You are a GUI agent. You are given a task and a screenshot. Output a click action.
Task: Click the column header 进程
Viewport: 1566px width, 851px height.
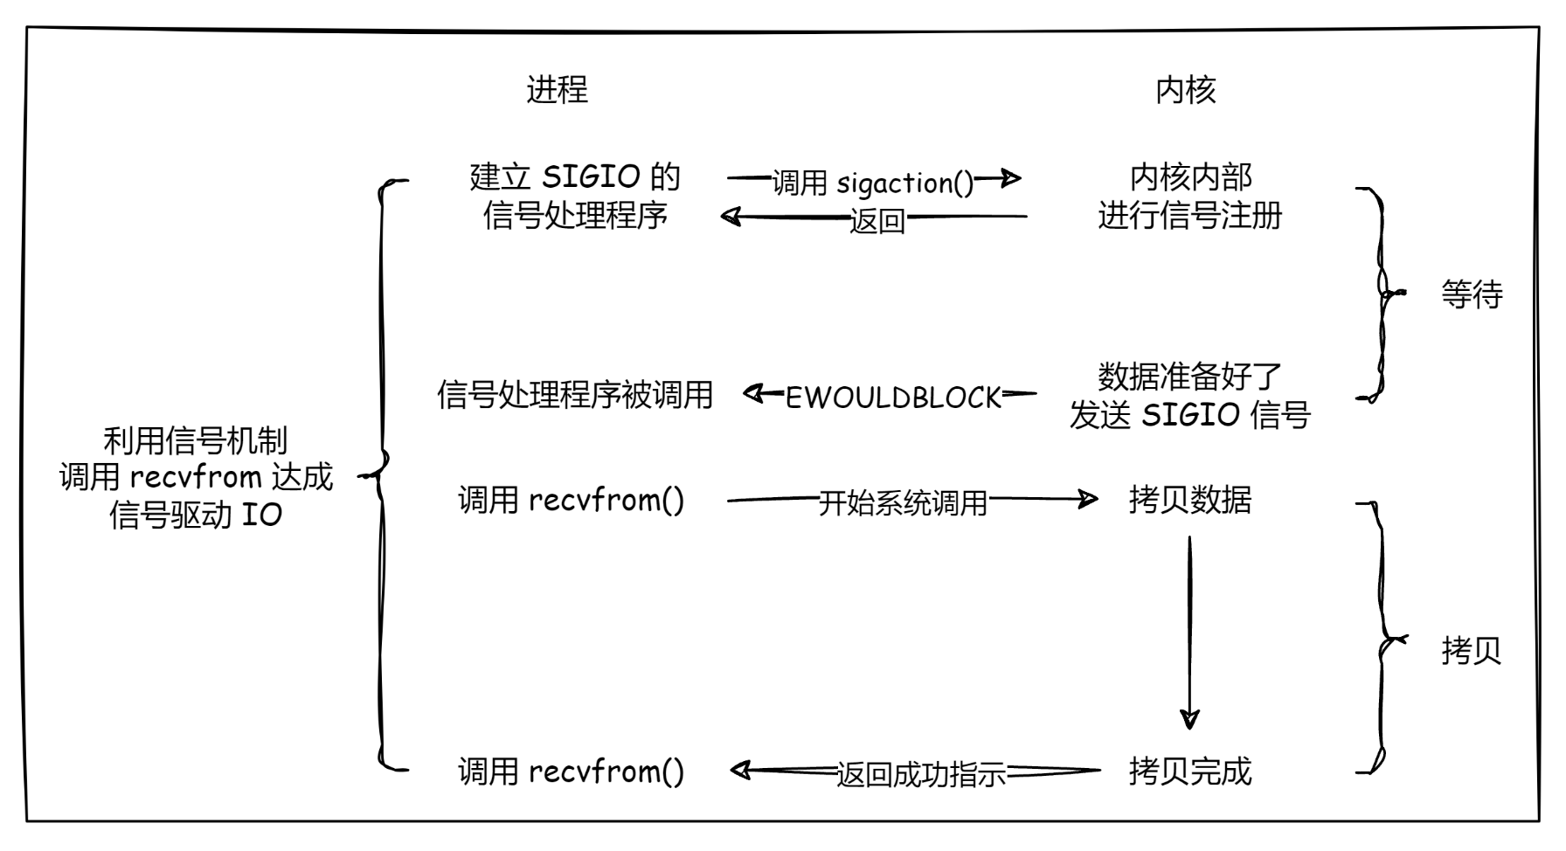point(557,89)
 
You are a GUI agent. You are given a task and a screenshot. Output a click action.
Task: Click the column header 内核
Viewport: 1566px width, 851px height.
point(1185,89)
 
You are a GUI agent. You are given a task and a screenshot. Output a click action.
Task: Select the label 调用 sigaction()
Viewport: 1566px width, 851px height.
point(872,183)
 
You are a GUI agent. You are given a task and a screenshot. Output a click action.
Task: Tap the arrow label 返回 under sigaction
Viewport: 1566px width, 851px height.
point(877,221)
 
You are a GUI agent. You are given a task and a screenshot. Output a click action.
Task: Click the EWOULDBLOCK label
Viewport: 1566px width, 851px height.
point(892,398)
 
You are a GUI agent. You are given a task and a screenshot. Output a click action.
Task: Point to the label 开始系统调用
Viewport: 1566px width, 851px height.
point(902,502)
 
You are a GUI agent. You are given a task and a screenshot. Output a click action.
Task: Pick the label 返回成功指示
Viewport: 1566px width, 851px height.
point(920,774)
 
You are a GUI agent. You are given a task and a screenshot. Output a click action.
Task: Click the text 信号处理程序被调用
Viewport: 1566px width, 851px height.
point(575,395)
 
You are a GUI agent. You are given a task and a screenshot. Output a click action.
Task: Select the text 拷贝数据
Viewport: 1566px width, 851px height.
point(1189,500)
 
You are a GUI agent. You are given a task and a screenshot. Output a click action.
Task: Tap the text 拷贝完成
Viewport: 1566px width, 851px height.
point(1189,771)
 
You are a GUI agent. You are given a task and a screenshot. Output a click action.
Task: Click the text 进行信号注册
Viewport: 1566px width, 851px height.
point(1189,215)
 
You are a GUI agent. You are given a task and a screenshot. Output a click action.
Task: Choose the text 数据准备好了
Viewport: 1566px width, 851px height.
point(1189,377)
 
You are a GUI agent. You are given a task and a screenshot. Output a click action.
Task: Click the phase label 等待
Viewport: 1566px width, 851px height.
point(1472,294)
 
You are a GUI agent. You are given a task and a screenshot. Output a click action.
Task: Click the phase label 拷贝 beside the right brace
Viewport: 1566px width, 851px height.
point(1471,651)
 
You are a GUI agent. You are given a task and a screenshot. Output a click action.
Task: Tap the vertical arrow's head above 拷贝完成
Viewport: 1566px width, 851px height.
point(1189,719)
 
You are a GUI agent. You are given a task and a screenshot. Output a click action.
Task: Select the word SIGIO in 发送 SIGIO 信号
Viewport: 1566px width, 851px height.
point(1190,415)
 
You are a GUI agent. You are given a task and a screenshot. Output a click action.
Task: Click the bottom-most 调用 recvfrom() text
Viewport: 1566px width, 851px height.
point(571,771)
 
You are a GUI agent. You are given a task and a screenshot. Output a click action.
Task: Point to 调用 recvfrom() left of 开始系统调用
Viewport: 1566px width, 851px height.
point(571,500)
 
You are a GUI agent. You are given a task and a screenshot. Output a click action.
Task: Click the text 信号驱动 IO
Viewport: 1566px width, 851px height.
point(196,515)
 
